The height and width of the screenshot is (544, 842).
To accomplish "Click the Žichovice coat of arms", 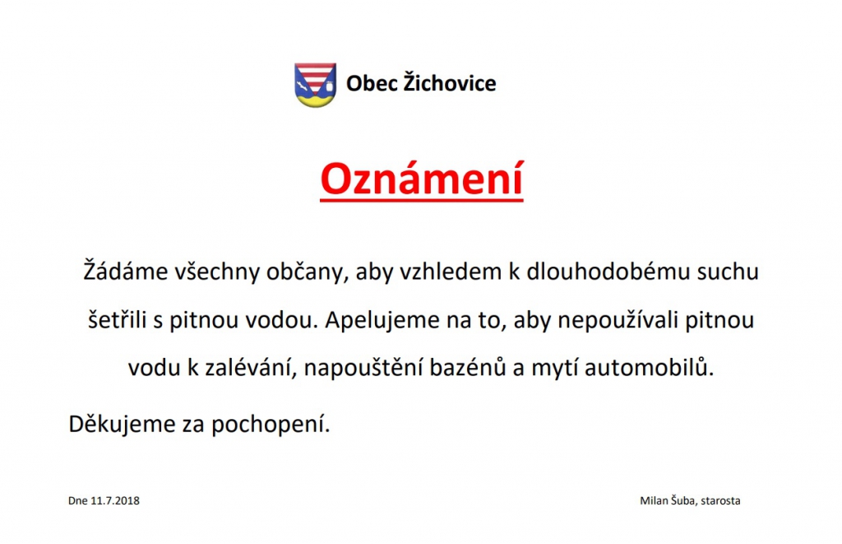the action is pos(315,85).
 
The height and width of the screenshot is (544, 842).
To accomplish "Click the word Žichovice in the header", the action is pos(450,82).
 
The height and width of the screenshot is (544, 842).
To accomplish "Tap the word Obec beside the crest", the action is pos(372,83).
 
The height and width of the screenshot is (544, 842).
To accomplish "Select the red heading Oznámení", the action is pos(422,179).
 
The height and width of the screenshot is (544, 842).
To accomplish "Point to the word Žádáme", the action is pos(126,270).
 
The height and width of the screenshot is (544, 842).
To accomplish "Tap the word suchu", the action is pos(728,272).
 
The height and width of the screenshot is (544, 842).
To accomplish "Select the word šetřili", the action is pos(117,319).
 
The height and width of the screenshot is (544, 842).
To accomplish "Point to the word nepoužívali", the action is pos(617,320).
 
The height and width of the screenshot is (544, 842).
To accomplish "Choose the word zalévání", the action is pos(251,368).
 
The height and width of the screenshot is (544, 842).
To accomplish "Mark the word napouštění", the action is pos(363,369).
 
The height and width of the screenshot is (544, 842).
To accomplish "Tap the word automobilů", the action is pos(650,368).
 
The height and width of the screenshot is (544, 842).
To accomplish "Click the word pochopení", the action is pos(270,425).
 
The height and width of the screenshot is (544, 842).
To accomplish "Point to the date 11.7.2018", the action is pos(115,500).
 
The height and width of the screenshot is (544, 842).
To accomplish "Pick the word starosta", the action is pos(720,500).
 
